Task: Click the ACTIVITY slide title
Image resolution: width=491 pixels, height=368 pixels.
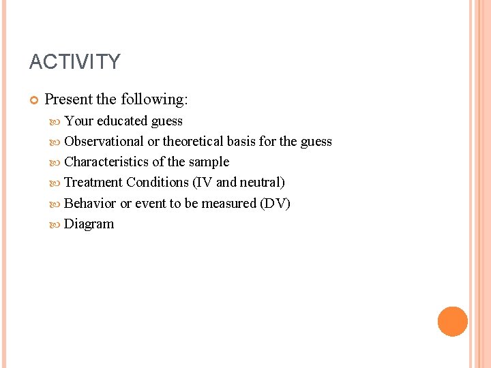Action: tap(74, 63)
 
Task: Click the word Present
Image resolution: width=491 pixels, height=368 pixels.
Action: tap(68, 99)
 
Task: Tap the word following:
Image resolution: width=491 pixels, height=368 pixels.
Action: tap(154, 99)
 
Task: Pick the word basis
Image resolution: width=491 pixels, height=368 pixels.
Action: tap(241, 142)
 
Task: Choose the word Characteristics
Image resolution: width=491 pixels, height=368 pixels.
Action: tap(106, 162)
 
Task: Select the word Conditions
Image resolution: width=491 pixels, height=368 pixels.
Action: tap(158, 183)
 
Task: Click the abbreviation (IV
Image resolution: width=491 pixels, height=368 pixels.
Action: tap(203, 183)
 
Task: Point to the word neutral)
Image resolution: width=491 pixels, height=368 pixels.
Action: tap(262, 183)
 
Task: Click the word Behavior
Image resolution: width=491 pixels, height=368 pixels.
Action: tap(90, 204)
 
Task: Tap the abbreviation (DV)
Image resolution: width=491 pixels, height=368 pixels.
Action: tap(276, 204)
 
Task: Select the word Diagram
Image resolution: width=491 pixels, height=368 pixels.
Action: tap(89, 224)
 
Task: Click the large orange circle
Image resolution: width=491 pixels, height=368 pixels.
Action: tap(453, 322)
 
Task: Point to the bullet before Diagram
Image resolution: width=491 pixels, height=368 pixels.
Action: tap(56, 224)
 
